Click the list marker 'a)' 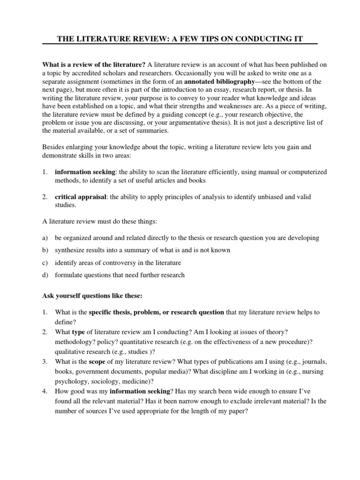[x=45, y=238]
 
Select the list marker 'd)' [x=45, y=275]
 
